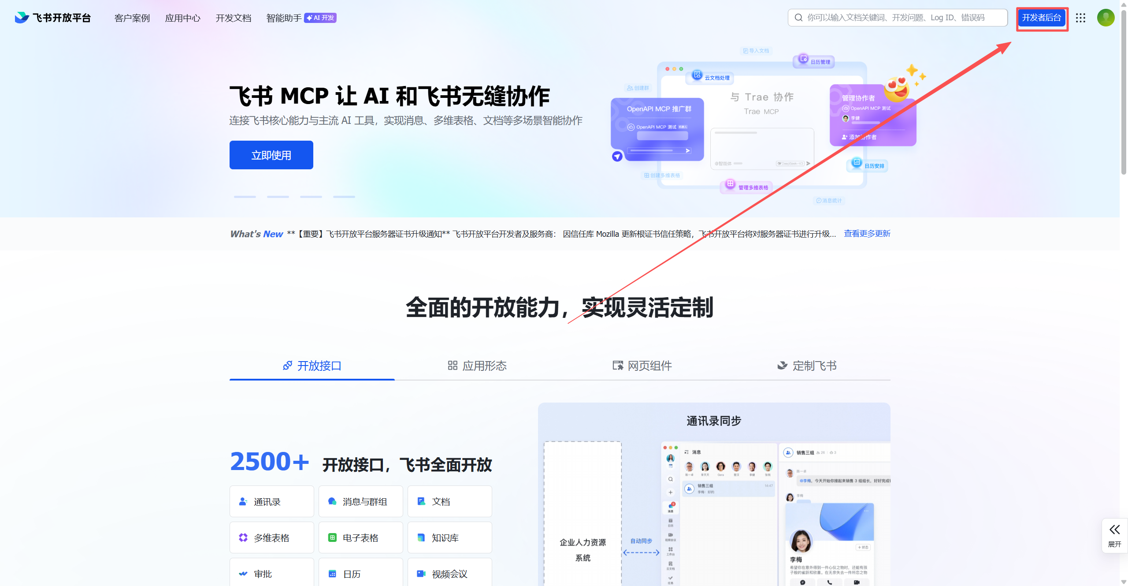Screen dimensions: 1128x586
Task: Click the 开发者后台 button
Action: pyautogui.click(x=1041, y=18)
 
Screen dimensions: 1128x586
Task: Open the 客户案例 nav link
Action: pyautogui.click(x=132, y=18)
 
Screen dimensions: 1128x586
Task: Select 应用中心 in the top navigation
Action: pyautogui.click(x=182, y=18)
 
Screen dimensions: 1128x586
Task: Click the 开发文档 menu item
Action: pyautogui.click(x=233, y=18)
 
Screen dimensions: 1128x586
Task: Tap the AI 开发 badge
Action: pyautogui.click(x=320, y=18)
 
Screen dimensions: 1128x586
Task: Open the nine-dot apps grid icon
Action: pyautogui.click(x=1080, y=18)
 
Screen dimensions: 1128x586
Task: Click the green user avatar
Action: pyautogui.click(x=1106, y=18)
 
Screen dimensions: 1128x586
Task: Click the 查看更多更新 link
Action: pyautogui.click(x=867, y=234)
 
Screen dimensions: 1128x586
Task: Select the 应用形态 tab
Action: pyautogui.click(x=477, y=366)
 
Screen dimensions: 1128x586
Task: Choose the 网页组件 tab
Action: pyautogui.click(x=642, y=366)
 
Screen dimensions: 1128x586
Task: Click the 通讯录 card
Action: pyautogui.click(x=271, y=501)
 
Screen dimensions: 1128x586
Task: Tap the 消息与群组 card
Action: pyautogui.click(x=360, y=501)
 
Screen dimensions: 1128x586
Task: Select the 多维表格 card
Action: pyautogui.click(x=271, y=537)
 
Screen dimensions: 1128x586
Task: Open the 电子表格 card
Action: pyautogui.click(x=360, y=537)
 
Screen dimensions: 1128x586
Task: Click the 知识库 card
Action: pyautogui.click(x=449, y=537)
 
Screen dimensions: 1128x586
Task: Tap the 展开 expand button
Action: pyautogui.click(x=1114, y=535)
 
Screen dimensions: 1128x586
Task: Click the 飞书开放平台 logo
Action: pyautogui.click(x=53, y=18)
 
